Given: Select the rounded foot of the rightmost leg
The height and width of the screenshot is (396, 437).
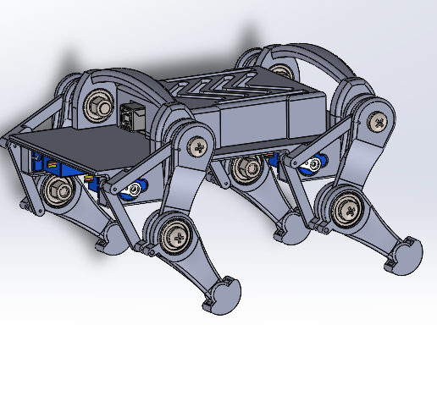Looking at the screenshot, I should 406,254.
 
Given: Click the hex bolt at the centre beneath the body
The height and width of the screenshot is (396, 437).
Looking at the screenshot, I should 246,168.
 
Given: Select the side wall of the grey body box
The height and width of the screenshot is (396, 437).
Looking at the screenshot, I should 254,127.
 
